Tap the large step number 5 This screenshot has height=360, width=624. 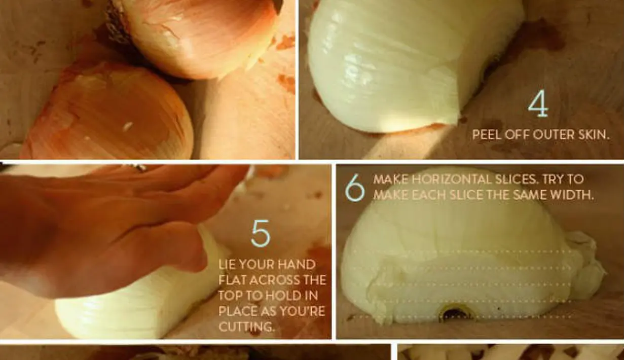261,234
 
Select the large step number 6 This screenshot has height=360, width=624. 355,187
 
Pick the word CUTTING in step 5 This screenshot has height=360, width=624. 246,327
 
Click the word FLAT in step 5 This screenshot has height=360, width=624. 233,280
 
